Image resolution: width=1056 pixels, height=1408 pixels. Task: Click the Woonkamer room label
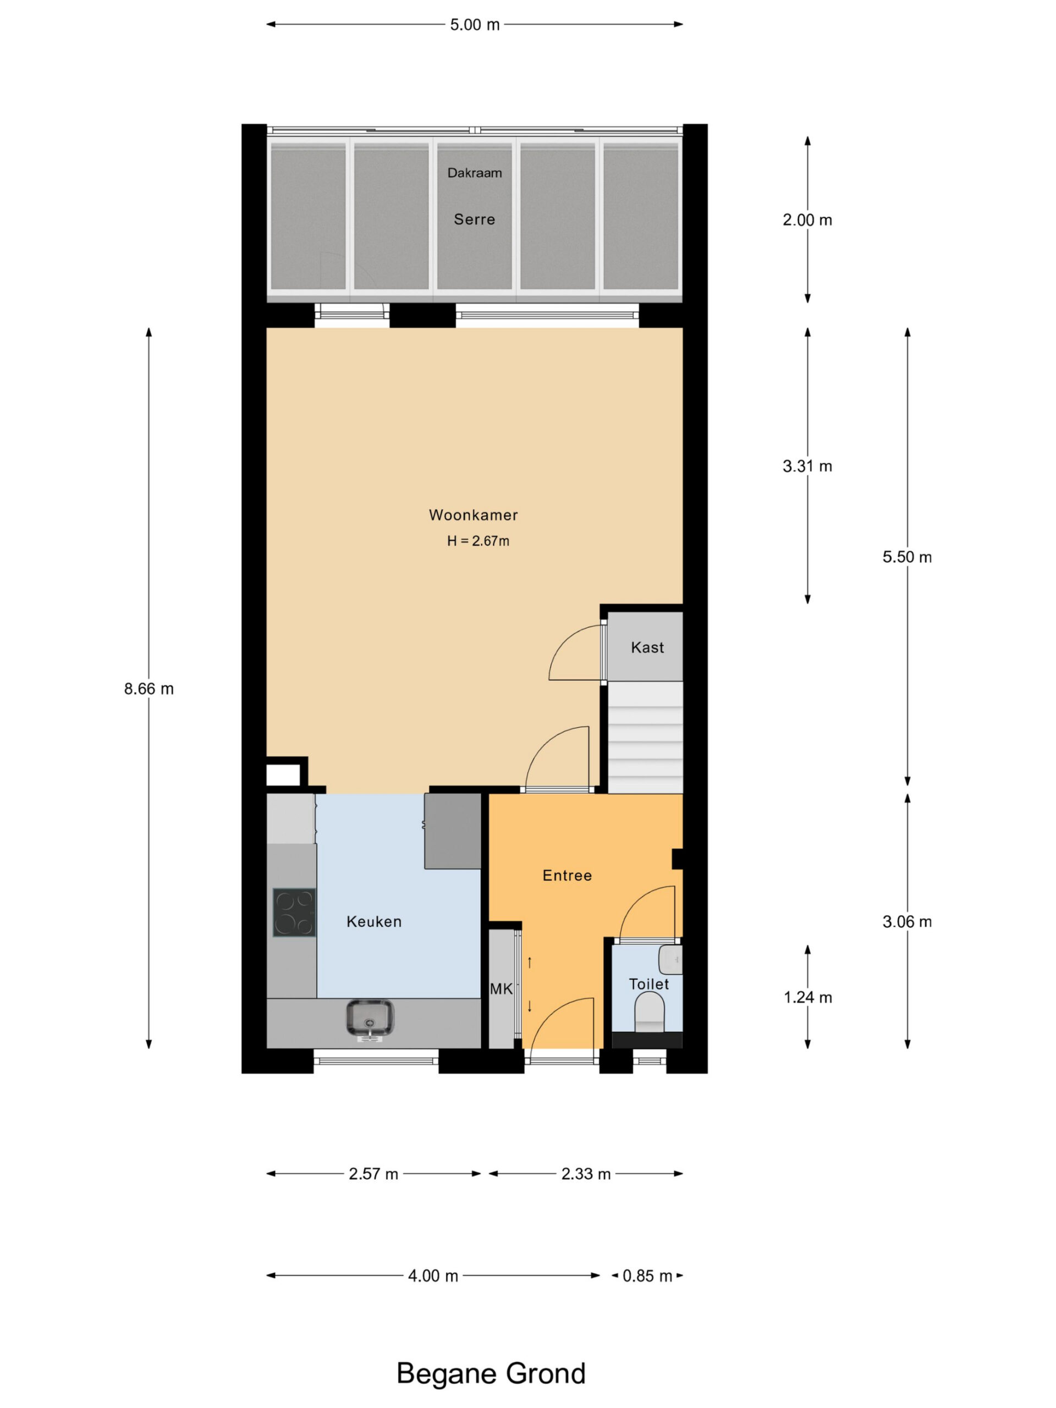pos(473,515)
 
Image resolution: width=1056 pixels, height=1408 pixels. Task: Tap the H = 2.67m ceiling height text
pos(478,541)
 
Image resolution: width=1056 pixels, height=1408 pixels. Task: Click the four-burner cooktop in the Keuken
pos(294,912)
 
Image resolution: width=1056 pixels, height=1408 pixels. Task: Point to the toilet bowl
pos(649,1011)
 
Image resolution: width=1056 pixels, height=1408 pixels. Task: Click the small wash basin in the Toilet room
pos(670,960)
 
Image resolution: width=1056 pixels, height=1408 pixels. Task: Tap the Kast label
pos(647,647)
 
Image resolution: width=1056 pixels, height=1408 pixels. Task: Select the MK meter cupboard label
pos(502,989)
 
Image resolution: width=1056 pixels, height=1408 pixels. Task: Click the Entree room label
pos(567,875)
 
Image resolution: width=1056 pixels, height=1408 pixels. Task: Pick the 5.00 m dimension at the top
pos(475,25)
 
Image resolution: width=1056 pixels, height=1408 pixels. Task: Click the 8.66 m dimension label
pos(149,688)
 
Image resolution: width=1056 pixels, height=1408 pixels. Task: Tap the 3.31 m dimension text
pos(807,466)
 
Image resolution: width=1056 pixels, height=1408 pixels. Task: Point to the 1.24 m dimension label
pos(807,998)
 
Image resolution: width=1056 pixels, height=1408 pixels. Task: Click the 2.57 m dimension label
pos(373,1174)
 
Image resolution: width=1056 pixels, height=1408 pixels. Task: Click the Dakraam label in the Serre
pos(474,173)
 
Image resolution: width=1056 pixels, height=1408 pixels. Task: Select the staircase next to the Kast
pos(645,737)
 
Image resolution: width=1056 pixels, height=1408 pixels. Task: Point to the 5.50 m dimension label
pos(907,557)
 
